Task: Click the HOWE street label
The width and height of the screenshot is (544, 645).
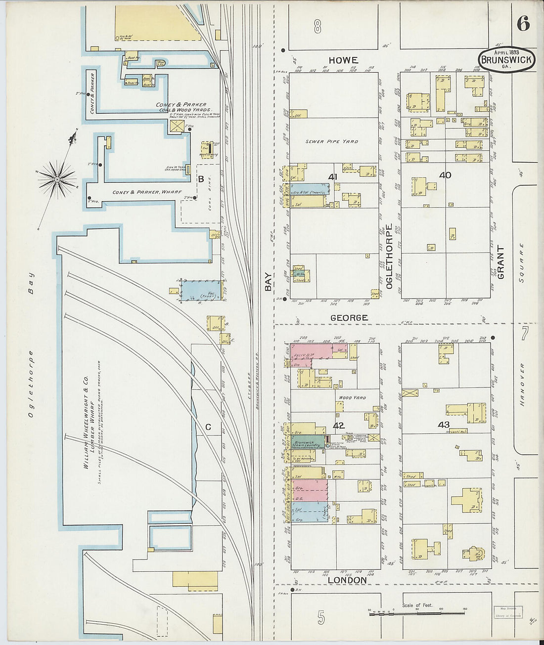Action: [343, 60]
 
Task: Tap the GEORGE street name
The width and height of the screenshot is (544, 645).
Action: [349, 318]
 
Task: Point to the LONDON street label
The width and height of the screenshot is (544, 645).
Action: [347, 580]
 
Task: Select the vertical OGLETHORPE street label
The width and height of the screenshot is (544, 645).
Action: [389, 257]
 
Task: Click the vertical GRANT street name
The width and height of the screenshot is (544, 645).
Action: [500, 262]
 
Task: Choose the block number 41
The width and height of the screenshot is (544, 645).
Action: [332, 176]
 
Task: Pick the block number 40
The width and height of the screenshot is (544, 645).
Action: [445, 175]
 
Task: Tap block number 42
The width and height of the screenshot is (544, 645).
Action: [338, 425]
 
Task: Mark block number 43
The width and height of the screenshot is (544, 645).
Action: [444, 425]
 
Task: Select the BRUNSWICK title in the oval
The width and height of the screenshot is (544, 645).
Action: [506, 60]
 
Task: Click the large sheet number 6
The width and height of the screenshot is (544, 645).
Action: [523, 23]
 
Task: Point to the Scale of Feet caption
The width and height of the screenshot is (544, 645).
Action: [417, 605]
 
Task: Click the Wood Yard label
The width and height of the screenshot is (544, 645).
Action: [352, 397]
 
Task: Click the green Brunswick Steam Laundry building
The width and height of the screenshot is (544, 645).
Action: [308, 441]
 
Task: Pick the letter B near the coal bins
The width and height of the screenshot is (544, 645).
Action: [201, 179]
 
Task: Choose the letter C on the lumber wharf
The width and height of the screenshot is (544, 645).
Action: [208, 428]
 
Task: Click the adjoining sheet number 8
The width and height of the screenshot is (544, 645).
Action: [317, 27]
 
